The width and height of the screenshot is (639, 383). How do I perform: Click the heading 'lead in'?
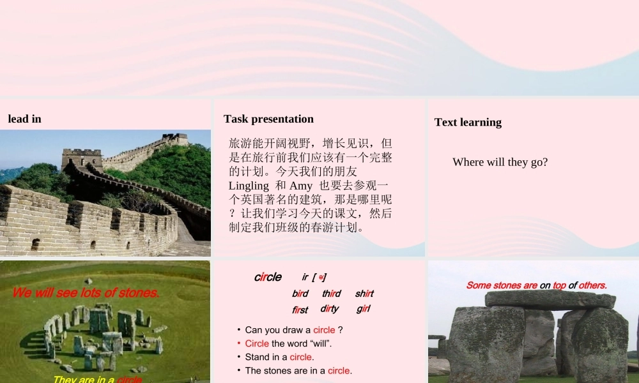point(25,119)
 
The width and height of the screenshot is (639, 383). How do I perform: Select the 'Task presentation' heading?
point(268,119)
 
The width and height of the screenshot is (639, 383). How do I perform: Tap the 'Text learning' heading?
point(468,122)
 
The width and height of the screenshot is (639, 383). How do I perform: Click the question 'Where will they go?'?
point(500,162)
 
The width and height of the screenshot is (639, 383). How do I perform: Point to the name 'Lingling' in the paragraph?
point(249,186)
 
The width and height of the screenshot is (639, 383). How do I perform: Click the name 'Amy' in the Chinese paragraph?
point(301,186)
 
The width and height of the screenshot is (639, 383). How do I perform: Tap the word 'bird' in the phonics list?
point(300,294)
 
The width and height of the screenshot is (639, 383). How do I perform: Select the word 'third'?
point(331,294)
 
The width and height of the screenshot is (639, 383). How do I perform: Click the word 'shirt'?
point(364,294)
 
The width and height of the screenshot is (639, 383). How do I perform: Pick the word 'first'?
point(300,310)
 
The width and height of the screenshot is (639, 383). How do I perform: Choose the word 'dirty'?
point(330,309)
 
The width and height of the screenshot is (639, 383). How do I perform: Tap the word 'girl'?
point(364,309)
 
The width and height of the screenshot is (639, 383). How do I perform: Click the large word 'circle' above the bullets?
point(268,277)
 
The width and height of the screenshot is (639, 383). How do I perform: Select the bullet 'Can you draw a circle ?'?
point(294,330)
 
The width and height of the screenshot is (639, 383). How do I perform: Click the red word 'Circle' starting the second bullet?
point(257,343)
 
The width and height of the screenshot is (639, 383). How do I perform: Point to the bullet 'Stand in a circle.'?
point(279,357)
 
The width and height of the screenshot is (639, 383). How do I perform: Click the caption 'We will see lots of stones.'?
point(86,293)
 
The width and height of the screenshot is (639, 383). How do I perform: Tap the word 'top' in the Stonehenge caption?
point(560,285)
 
